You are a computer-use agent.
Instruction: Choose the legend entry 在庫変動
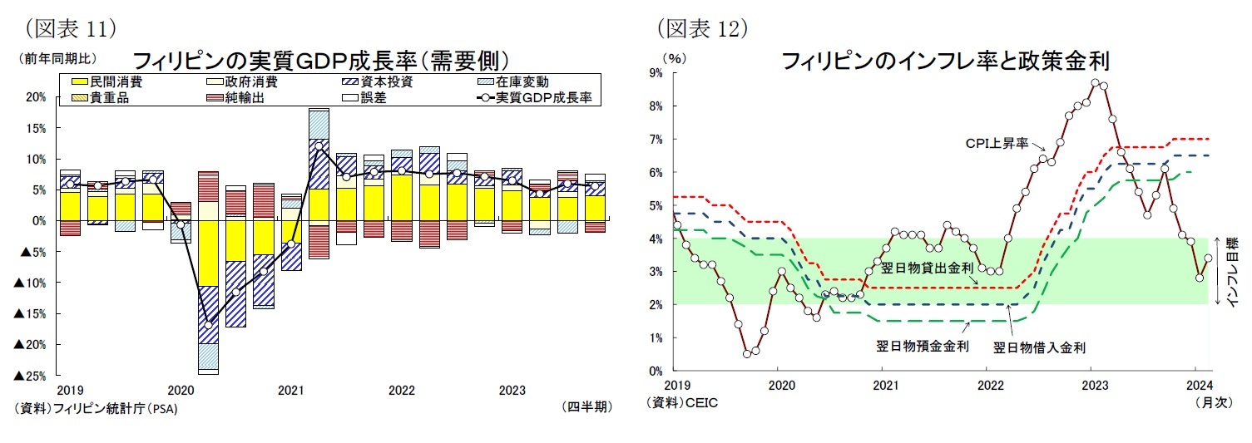(522, 81)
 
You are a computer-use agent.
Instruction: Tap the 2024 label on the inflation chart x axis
(1198, 386)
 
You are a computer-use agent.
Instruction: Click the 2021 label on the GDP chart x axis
(289, 390)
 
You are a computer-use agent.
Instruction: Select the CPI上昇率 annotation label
(997, 143)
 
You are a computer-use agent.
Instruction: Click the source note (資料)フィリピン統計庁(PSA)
(96, 408)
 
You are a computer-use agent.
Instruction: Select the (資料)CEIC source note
(681, 403)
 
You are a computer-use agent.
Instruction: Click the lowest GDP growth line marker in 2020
(209, 323)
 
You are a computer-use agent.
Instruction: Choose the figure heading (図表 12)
(702, 29)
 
